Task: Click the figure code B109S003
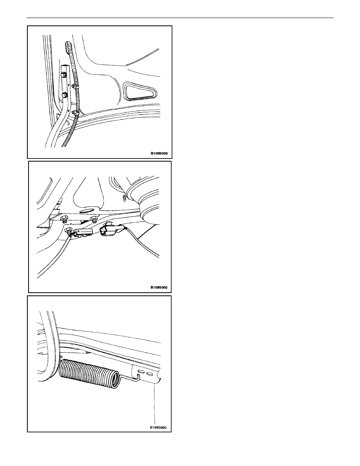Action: click(159, 154)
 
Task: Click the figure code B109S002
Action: click(159, 288)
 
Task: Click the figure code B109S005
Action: click(159, 428)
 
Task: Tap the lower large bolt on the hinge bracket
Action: click(64, 95)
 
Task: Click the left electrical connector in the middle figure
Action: click(84, 232)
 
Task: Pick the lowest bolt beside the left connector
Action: click(68, 230)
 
